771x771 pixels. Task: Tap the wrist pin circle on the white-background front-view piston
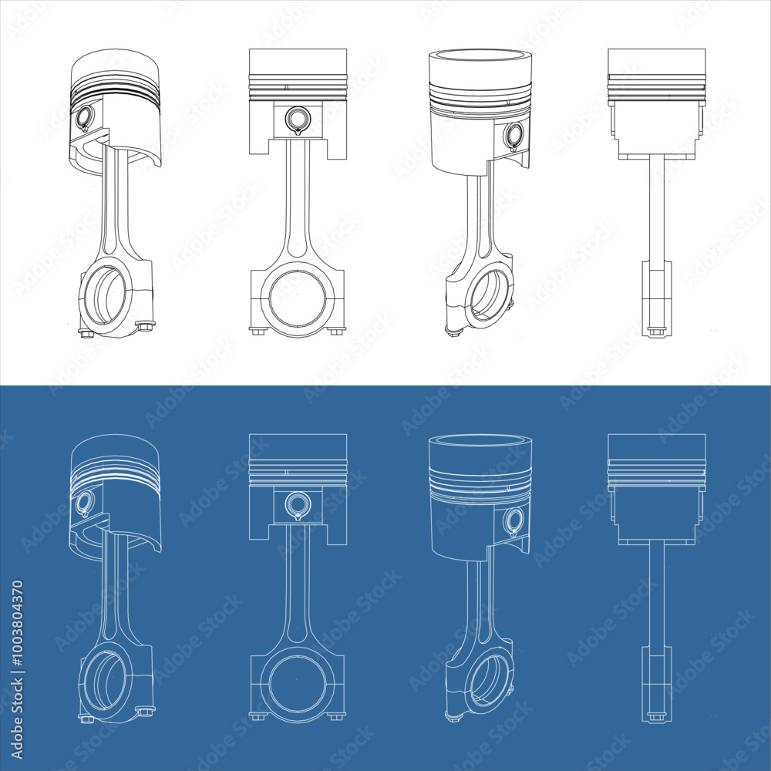(297, 119)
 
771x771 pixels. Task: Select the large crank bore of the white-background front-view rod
(298, 298)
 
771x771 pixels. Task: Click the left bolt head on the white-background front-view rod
(258, 331)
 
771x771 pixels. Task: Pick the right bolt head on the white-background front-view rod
(336, 331)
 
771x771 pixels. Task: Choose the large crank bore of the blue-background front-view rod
(298, 683)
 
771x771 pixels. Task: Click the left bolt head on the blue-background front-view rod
(258, 716)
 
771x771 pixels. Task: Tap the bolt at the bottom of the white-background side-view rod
(656, 332)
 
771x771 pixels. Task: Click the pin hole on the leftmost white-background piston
(84, 117)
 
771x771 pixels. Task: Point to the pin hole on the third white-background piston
(513, 136)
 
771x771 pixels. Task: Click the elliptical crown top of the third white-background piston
(480, 56)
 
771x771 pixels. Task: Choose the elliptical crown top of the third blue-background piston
(480, 441)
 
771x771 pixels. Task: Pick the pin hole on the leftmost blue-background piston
(84, 503)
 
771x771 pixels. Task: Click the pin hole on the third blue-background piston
(513, 521)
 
